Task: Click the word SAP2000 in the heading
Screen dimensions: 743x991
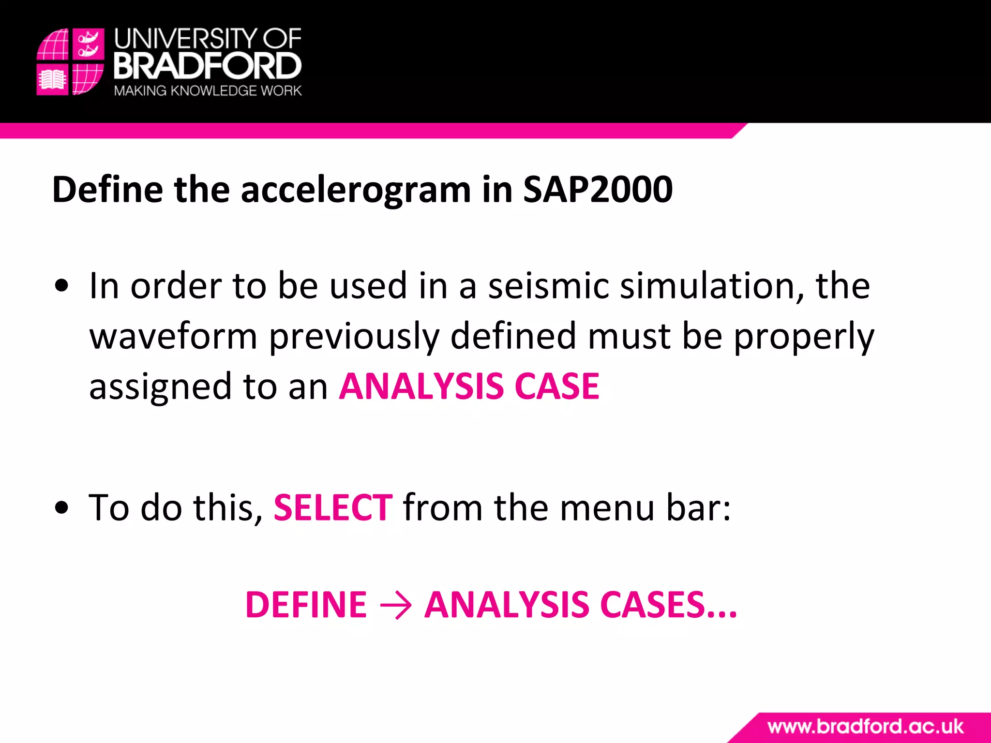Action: click(598, 189)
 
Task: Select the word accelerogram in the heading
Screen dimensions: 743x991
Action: click(356, 190)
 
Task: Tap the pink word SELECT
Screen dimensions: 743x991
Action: click(333, 508)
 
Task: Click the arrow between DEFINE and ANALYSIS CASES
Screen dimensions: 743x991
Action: click(396, 605)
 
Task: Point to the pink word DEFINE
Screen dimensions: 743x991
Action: click(306, 605)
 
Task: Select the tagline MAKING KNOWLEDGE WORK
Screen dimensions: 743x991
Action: click(208, 91)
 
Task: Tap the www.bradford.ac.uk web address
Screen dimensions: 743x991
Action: click(865, 727)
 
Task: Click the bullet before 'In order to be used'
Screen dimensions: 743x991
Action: click(62, 286)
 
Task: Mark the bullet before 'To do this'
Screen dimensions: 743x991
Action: click(62, 508)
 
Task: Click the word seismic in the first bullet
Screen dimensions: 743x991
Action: click(548, 286)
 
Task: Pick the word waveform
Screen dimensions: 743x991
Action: click(173, 336)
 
